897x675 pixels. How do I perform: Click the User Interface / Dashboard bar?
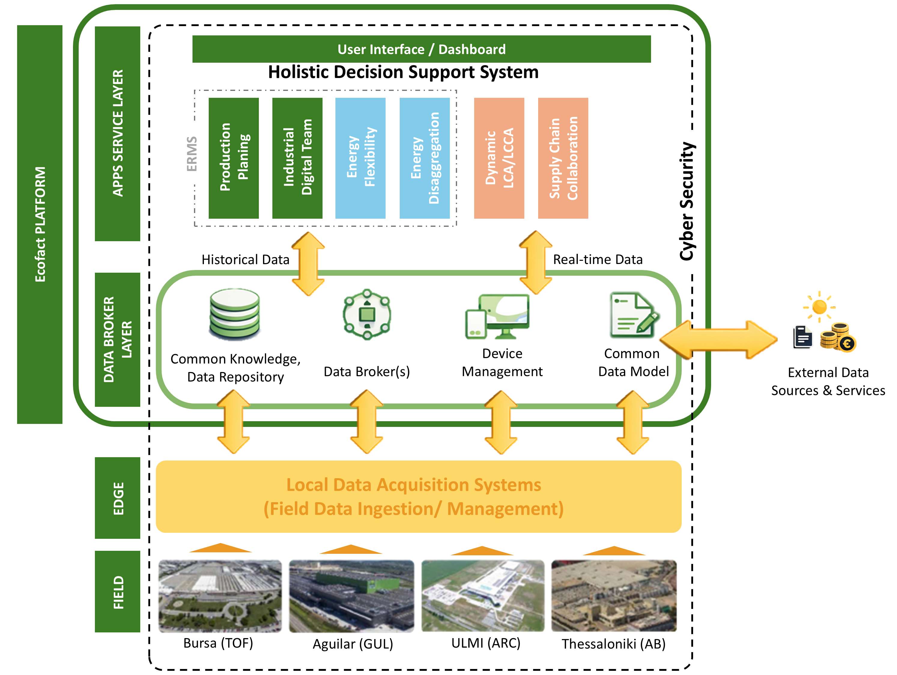(421, 49)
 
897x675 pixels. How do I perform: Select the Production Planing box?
(234, 158)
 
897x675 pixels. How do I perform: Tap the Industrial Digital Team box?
(297, 158)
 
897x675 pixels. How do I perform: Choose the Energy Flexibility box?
(360, 158)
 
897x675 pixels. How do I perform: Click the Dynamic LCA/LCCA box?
(499, 158)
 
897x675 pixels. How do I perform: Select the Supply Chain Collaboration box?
(563, 158)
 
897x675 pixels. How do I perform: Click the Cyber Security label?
(687, 201)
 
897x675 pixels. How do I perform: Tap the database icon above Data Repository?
(235, 314)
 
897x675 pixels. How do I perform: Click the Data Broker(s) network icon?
(367, 314)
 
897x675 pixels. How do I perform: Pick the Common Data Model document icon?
(633, 315)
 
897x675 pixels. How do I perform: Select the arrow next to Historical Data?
(308, 264)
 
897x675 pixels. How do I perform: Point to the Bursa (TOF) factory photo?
(220, 595)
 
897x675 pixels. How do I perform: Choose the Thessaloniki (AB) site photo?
(614, 595)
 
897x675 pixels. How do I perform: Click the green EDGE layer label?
(118, 498)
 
